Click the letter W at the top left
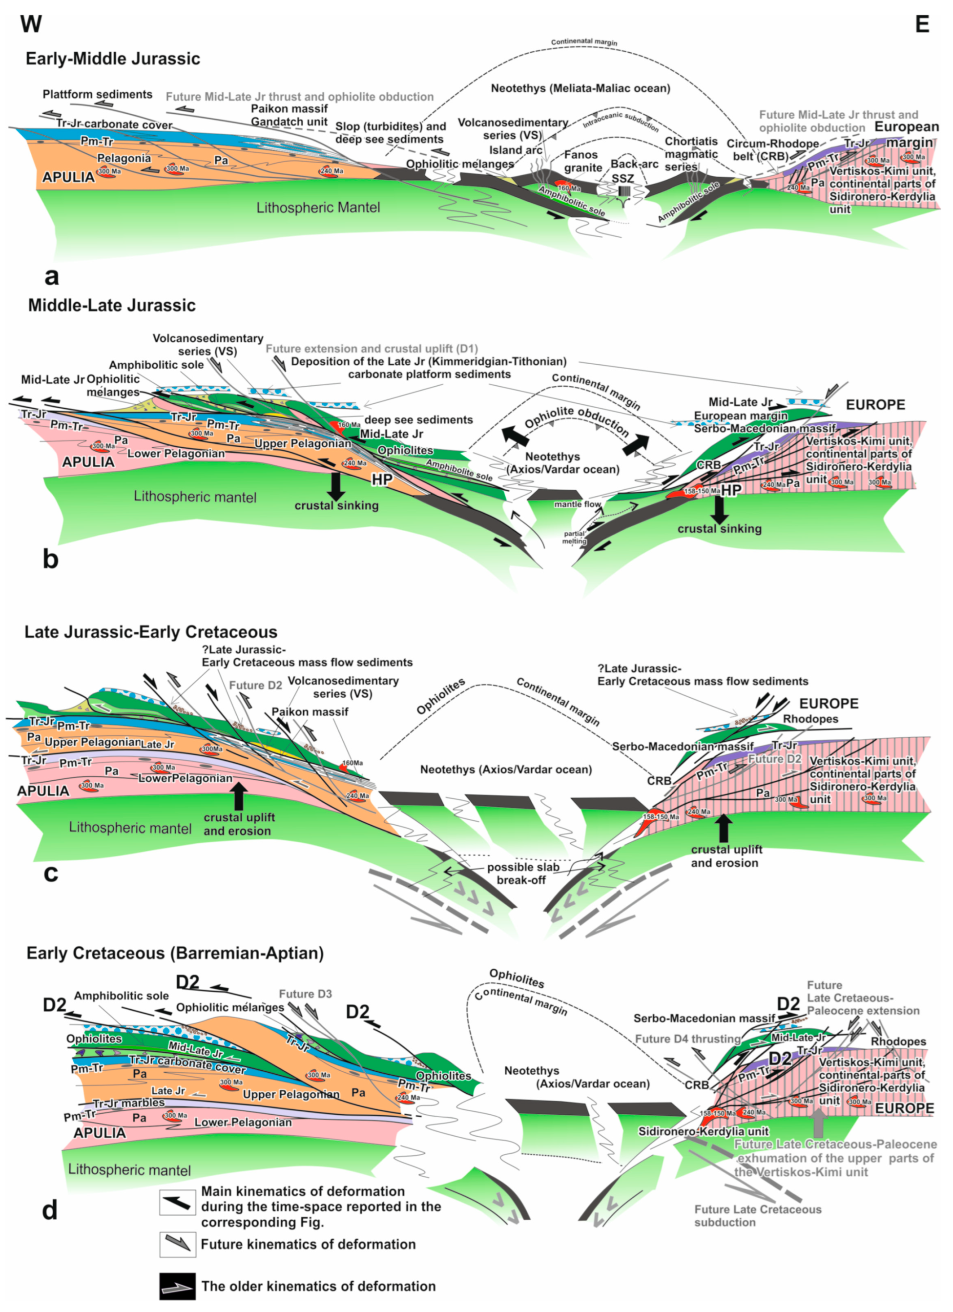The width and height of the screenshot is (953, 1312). [31, 24]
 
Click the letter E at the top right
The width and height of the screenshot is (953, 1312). [922, 24]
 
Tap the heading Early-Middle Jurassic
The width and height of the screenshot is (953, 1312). [113, 59]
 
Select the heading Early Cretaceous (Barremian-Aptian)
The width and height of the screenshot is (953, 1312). [175, 953]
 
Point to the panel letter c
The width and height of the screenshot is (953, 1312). [51, 874]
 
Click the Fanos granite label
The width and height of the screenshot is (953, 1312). [583, 161]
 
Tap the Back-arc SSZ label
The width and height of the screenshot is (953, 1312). [633, 171]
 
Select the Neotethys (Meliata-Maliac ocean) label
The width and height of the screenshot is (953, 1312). [580, 88]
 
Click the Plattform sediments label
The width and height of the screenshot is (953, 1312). [97, 94]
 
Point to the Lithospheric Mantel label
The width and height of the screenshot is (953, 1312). [318, 208]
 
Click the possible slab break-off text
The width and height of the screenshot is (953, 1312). [523, 874]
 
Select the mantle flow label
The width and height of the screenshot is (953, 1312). [578, 504]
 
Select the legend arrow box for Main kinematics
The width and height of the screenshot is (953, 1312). [178, 1201]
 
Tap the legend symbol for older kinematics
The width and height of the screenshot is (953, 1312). [178, 1287]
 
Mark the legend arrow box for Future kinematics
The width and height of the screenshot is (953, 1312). [178, 1244]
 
